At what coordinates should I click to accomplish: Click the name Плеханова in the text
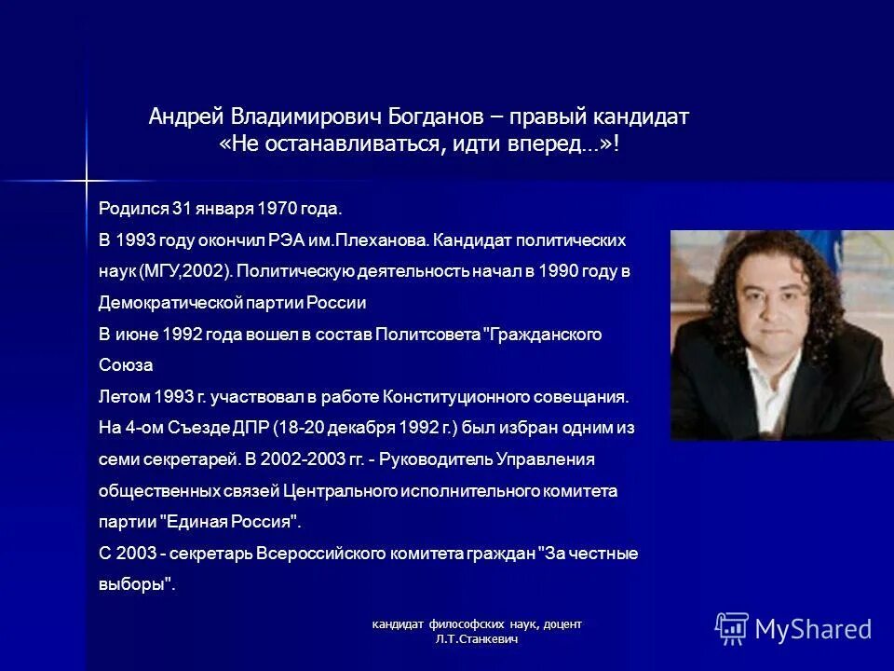384,240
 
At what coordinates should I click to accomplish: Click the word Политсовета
428,334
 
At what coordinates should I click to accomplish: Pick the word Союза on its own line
125,365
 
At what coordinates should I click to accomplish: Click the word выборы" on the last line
137,584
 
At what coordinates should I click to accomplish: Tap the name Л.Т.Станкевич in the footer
476,639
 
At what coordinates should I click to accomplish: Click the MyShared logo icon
732,629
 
